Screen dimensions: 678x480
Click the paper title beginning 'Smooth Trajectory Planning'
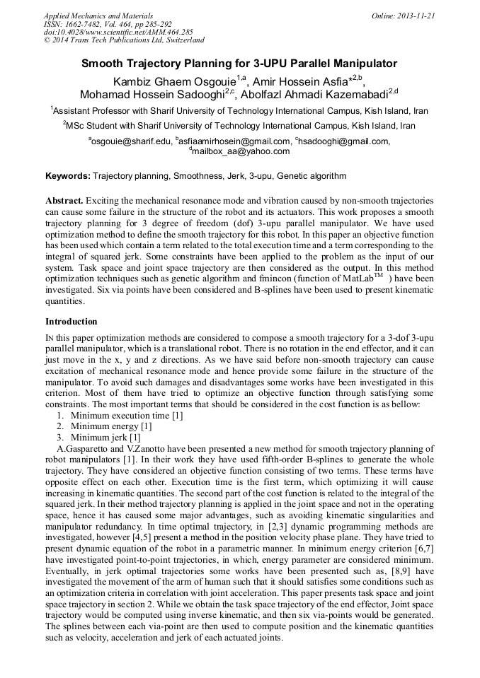pos(239,64)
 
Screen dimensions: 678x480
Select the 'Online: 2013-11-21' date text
pos(404,16)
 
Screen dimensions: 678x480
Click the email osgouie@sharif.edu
pos(132,141)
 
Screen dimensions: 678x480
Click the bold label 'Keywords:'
pos(68,175)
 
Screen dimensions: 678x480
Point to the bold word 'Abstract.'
pos(64,201)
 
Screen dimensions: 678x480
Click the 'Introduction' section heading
pos(72,321)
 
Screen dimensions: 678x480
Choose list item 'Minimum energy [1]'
pos(110,426)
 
